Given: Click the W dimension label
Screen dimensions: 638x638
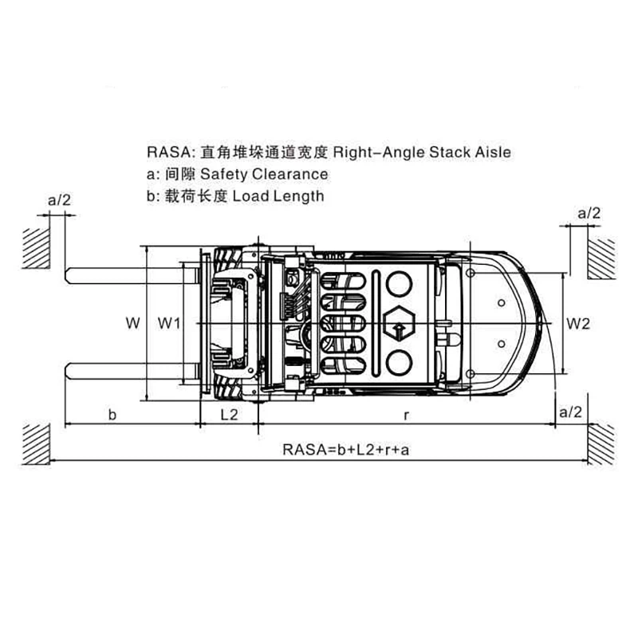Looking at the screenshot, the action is point(132,323).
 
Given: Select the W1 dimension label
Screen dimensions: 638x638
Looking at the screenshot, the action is point(169,323).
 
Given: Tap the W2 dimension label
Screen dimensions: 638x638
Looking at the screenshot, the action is point(578,324).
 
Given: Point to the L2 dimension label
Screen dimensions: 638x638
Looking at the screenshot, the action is point(229,415).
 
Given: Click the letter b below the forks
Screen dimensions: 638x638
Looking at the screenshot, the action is point(112,415).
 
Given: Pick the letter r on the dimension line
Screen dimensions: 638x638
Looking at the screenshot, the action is point(406,415).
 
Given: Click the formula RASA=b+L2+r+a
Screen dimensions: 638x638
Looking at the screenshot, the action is point(346,450).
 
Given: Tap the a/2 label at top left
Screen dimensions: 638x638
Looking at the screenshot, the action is point(59,200).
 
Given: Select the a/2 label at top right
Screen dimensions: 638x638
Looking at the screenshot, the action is point(589,213).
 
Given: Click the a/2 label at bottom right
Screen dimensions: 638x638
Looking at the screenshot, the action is point(571,412).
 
